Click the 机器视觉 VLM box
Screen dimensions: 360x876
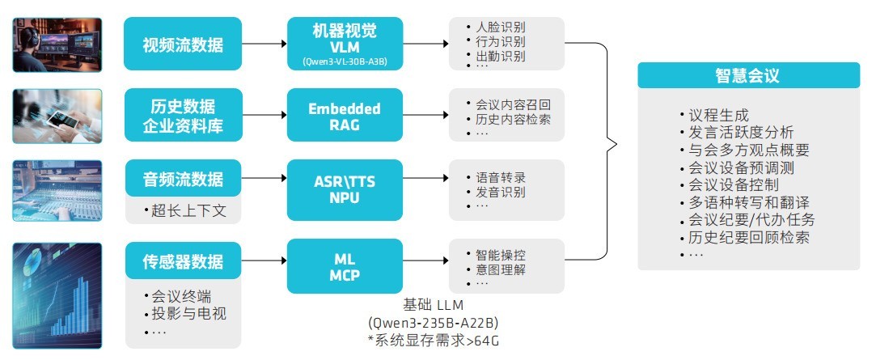(345, 44)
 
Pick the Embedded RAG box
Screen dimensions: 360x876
(345, 116)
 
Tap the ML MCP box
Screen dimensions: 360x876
(345, 266)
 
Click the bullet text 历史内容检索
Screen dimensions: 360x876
(513, 119)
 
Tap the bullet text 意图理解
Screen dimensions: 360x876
(500, 269)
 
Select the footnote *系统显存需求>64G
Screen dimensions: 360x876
(433, 341)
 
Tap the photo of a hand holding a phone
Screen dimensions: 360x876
(57, 116)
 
